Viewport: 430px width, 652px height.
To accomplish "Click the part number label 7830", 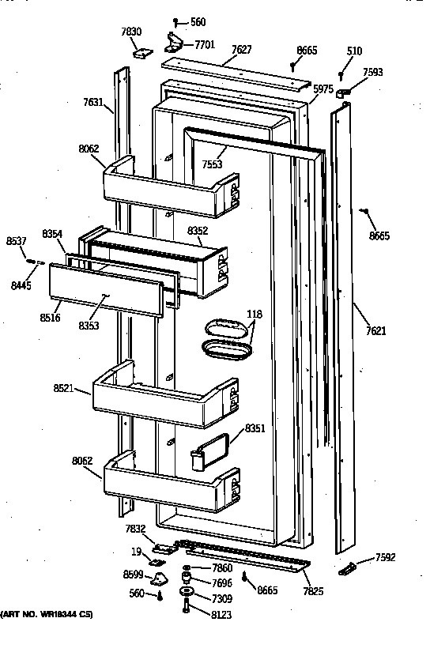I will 131,32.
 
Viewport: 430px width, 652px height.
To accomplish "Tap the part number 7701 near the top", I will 206,46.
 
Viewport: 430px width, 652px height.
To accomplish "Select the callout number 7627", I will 242,50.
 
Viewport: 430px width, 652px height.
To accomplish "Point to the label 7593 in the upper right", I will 373,73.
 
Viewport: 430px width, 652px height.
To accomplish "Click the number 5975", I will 322,89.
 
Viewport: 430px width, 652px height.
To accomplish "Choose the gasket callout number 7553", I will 211,164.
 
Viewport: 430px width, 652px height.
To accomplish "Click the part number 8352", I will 198,231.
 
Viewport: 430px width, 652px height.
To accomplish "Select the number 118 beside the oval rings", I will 254,314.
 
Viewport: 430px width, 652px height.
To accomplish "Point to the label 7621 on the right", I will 376,331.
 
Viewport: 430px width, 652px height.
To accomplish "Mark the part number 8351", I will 255,429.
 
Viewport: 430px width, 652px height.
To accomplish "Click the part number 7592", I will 386,557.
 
